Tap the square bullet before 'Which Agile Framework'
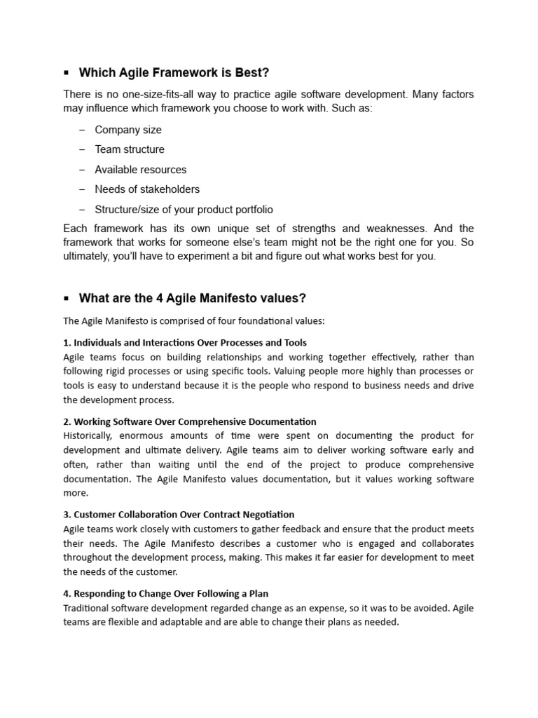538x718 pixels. (66, 72)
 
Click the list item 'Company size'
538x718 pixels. (128, 130)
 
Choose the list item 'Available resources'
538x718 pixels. (141, 170)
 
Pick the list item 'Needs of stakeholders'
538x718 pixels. (147, 189)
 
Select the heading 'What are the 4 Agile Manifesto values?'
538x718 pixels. (193, 298)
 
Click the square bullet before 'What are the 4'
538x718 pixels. (66, 298)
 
